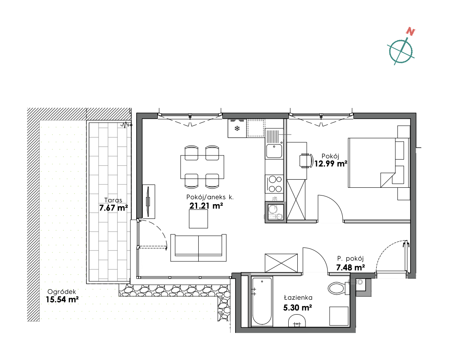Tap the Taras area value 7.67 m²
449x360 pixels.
click(113, 208)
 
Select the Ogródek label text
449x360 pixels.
click(62, 292)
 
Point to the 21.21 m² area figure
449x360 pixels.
click(206, 206)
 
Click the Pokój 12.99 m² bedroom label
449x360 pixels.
click(331, 160)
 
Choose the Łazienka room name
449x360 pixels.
click(298, 297)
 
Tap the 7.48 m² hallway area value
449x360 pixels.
click(350, 268)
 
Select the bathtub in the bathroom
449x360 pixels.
click(262, 301)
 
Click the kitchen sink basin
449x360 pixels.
click(274, 151)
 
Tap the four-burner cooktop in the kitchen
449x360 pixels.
click(275, 184)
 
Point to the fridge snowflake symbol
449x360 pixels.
click(237, 128)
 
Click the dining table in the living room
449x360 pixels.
click(202, 167)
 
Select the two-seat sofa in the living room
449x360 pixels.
click(198, 248)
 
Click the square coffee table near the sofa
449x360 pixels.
click(198, 219)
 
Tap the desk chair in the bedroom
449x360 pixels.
click(306, 160)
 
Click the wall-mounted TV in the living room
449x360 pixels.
click(148, 201)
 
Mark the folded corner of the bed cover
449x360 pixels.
click(387, 180)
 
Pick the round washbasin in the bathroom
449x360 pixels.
click(297, 321)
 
